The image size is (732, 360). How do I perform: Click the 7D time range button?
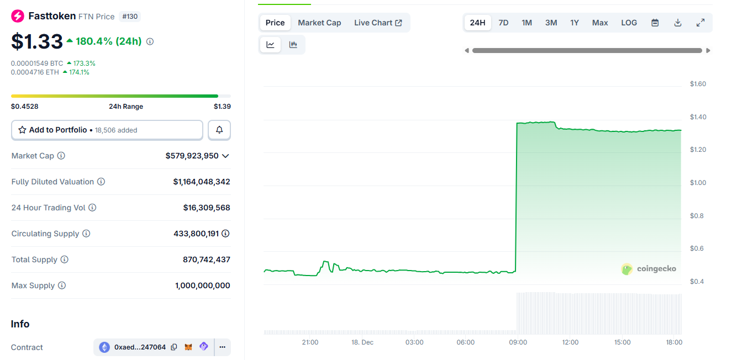pyautogui.click(x=503, y=23)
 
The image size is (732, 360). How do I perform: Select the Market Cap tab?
pyautogui.click(x=319, y=23)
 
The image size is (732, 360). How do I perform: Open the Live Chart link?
pyautogui.click(x=378, y=23)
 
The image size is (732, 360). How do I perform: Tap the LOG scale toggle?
pyautogui.click(x=629, y=23)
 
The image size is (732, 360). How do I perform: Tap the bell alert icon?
pyautogui.click(x=219, y=130)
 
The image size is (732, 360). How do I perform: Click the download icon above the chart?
pyautogui.click(x=678, y=23)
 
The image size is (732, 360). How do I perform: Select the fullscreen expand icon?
pyautogui.click(x=701, y=23)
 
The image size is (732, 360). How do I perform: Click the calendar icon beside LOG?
pyautogui.click(x=655, y=23)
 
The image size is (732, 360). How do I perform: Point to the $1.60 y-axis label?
pyautogui.click(x=698, y=84)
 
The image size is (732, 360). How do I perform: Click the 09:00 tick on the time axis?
pyautogui.click(x=518, y=342)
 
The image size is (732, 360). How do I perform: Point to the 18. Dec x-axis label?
pyautogui.click(x=362, y=342)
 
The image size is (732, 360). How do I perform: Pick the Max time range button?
pyautogui.click(x=600, y=23)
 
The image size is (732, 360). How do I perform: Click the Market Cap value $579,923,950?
pyautogui.click(x=192, y=156)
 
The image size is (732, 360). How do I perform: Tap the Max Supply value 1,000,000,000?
pyautogui.click(x=202, y=285)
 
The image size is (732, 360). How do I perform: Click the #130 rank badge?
pyautogui.click(x=130, y=17)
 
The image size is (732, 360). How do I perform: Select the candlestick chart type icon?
pyautogui.click(x=293, y=45)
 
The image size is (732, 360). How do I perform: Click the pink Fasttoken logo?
pyautogui.click(x=18, y=16)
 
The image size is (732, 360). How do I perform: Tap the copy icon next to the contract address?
pyautogui.click(x=174, y=347)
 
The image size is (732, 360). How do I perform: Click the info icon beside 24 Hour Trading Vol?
pyautogui.click(x=92, y=208)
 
